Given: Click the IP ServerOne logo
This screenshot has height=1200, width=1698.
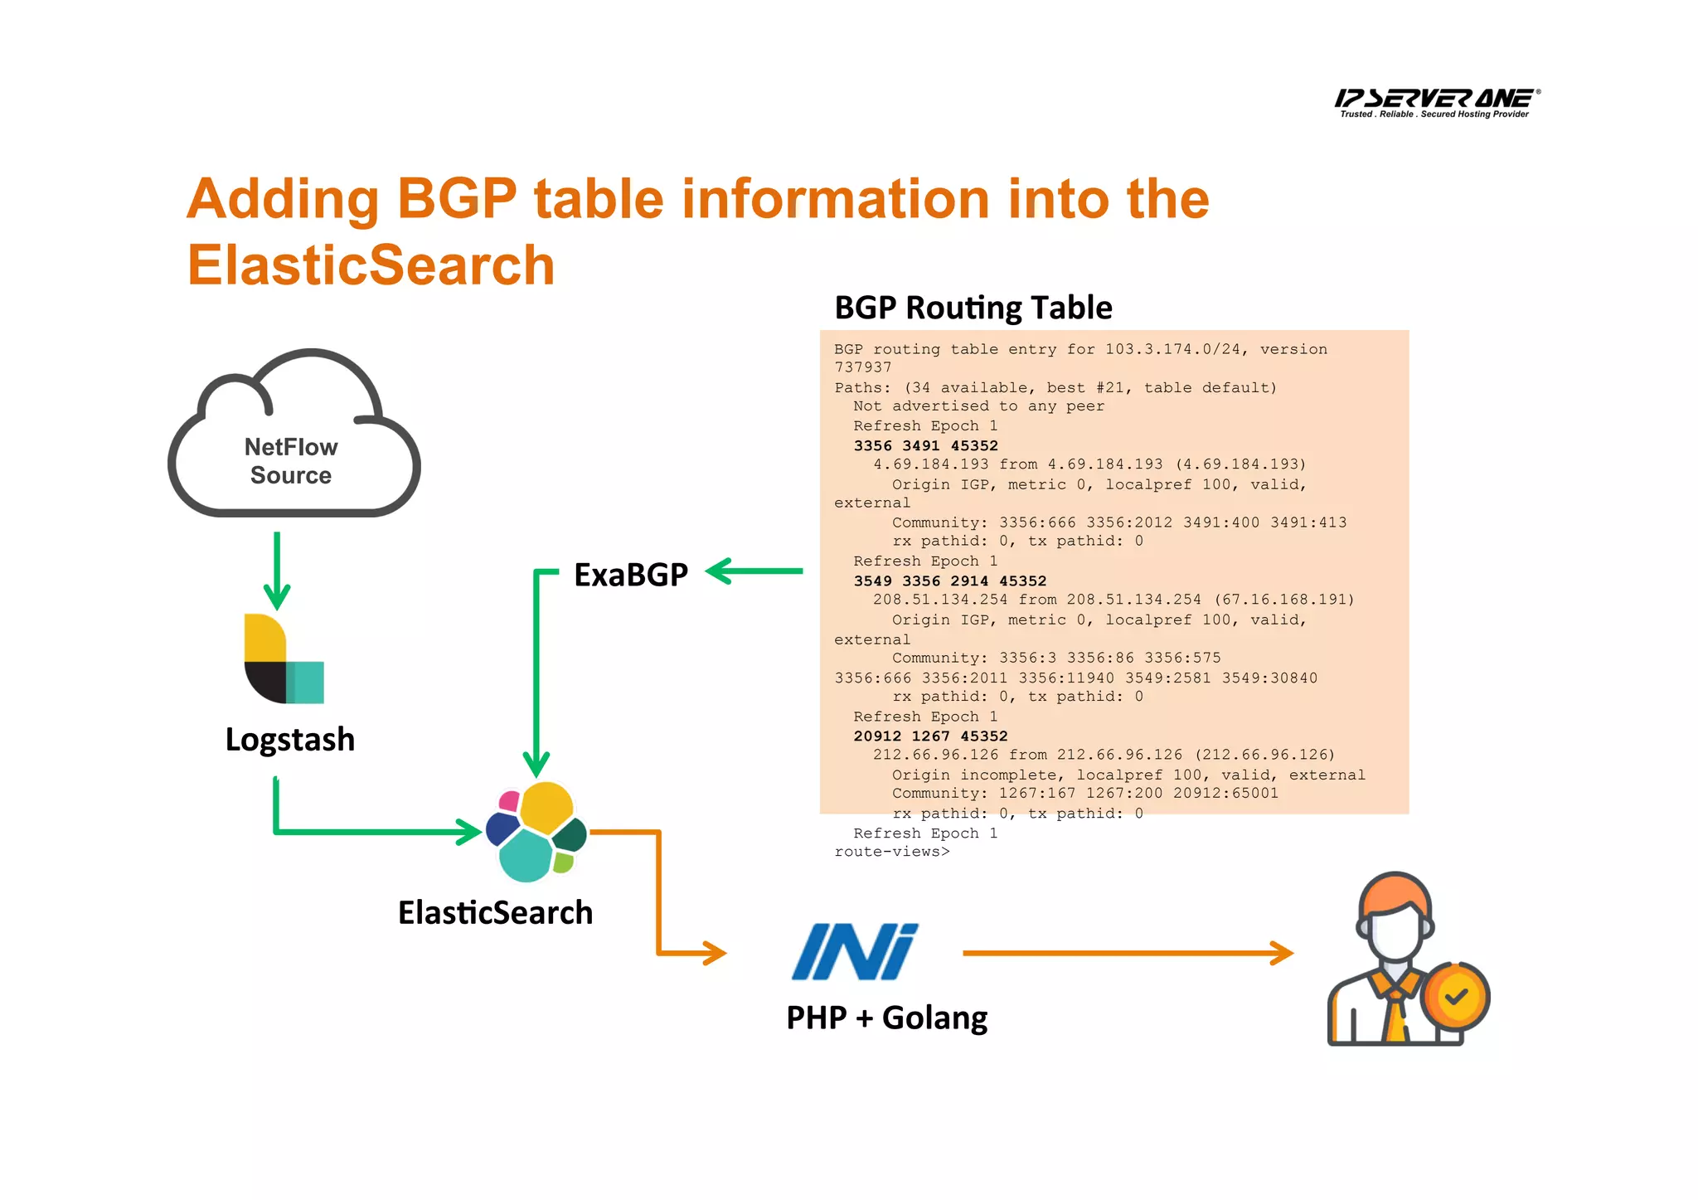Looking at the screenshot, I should click(1436, 102).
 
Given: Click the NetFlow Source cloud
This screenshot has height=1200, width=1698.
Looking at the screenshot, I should click(292, 448).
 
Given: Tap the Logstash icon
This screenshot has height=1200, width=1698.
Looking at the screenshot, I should click(283, 659).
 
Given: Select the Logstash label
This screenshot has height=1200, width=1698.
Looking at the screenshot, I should click(289, 739).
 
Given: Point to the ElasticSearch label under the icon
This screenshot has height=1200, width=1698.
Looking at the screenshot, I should click(495, 912).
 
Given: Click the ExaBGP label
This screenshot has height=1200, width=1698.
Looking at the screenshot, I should click(630, 574).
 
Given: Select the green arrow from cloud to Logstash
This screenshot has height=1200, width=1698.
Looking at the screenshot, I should click(277, 572).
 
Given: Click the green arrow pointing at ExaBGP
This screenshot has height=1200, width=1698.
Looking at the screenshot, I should click(754, 571).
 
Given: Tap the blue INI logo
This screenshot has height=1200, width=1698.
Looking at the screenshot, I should click(854, 951).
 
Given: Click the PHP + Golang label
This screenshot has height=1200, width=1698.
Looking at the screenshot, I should click(886, 1018).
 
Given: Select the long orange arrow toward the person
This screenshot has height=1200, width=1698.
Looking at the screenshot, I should click(1128, 953).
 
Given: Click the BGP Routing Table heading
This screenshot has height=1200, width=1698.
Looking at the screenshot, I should click(973, 308).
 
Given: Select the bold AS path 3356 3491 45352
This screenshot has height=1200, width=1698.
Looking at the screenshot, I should click(925, 445).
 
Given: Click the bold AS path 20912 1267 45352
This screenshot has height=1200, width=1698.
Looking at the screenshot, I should click(930, 736).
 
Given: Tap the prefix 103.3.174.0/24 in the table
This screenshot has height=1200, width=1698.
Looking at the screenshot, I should click(1172, 349).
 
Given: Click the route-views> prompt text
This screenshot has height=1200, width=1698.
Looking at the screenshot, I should click(891, 852).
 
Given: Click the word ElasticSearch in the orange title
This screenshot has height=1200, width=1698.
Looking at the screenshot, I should click(371, 265).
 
